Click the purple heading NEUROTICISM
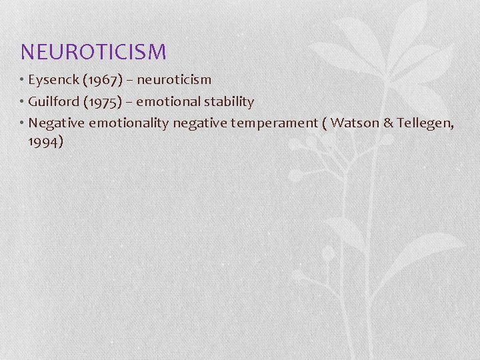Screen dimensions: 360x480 tap(93, 51)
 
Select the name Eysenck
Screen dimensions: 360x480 tap(53, 80)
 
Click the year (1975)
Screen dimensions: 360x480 tap(103, 102)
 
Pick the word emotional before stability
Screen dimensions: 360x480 tap(171, 102)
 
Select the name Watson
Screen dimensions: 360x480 tap(355, 123)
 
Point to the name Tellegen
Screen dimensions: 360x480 tap(425, 123)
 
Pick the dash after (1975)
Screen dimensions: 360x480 tap(130, 103)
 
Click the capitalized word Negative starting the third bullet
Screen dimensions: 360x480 tap(57, 123)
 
